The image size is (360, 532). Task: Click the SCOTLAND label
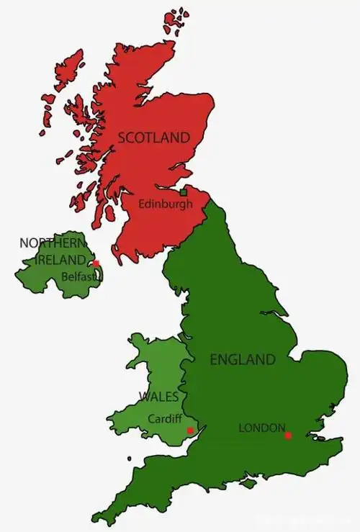(154, 137)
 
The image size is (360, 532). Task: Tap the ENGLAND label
(242, 359)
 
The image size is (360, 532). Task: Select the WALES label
(159, 397)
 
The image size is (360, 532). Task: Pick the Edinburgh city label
(166, 204)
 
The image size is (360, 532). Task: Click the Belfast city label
(76, 275)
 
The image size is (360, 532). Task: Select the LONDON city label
(262, 428)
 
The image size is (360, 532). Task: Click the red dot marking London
(288, 435)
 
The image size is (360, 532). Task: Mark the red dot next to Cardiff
(189, 430)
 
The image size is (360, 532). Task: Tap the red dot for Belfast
(96, 263)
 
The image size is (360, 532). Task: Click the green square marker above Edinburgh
(184, 192)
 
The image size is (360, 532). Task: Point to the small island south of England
(248, 484)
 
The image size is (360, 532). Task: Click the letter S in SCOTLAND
(122, 137)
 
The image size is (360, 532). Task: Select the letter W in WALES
(144, 397)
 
